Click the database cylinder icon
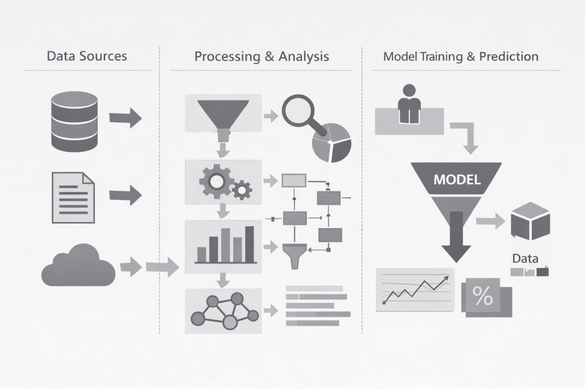pos(74,121)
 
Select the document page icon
pos(73,197)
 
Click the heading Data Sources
pos(87,56)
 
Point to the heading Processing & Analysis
pos(262,56)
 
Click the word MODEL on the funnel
pos(457,179)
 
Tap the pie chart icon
pos(331,142)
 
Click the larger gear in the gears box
pos(216,180)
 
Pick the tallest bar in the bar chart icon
pos(250,244)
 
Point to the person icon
pos(409,104)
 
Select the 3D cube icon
pos(530,221)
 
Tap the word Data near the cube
pos(525,259)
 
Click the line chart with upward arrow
pos(415,290)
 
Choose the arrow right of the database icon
pos(126,118)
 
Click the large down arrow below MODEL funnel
pos(456,240)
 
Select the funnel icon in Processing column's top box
pos(223,112)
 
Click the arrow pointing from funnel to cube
pos(489,220)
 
